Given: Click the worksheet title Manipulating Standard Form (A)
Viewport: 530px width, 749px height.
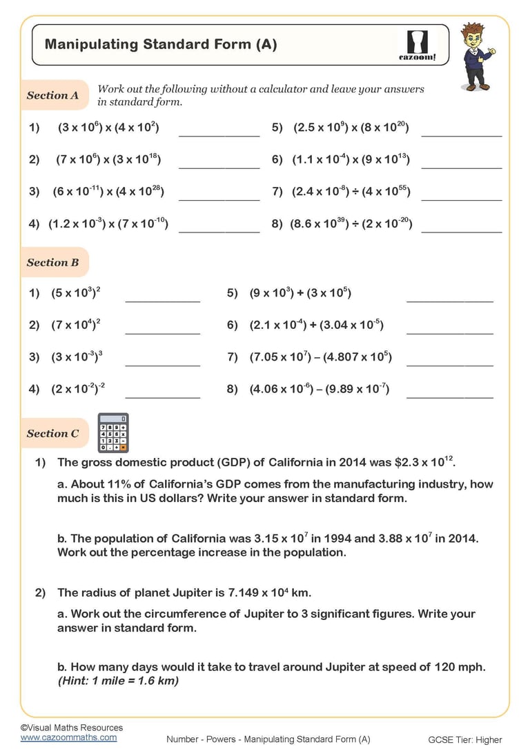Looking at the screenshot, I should (x=161, y=45).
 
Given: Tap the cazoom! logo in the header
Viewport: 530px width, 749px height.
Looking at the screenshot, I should (x=418, y=45).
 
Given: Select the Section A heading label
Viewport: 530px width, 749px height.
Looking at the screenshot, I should (x=52, y=96).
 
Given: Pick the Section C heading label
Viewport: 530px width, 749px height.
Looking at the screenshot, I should (x=52, y=434).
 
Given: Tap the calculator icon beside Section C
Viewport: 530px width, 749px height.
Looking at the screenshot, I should (x=113, y=433).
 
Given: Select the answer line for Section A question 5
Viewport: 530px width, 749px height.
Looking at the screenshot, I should (x=461, y=135).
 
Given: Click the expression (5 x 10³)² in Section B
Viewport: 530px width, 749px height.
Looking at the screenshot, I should (x=76, y=293).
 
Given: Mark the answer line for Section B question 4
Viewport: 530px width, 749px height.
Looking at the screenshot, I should (x=162, y=397).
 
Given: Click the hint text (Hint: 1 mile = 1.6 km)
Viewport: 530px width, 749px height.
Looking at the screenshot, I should (x=118, y=681).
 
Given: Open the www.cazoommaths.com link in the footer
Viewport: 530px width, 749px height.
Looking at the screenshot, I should (x=68, y=737).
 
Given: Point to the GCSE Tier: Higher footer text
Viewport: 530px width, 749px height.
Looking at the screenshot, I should (x=465, y=739).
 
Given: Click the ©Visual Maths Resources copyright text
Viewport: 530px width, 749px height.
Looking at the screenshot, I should (x=71, y=727).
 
